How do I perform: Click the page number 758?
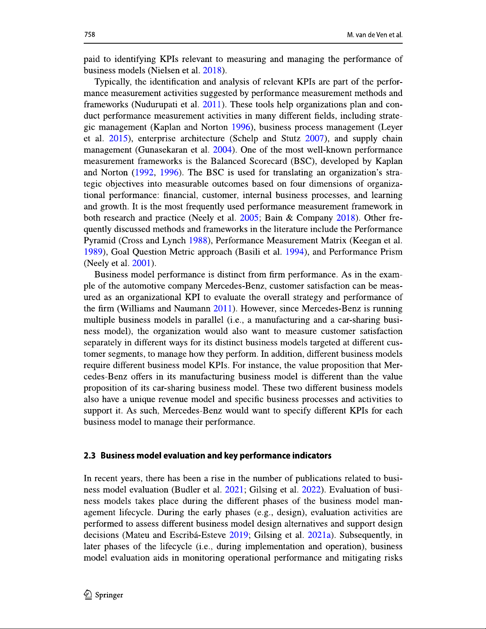[x=90, y=35]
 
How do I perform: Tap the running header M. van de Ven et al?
[x=375, y=35]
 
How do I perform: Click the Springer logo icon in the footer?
[x=88, y=594]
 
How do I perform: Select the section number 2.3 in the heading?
[x=90, y=456]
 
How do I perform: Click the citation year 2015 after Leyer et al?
[x=118, y=138]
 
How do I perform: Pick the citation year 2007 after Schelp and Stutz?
[x=314, y=138]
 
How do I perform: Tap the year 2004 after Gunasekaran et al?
[x=222, y=150]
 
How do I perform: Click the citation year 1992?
[x=144, y=173]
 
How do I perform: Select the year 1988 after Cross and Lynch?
[x=198, y=240]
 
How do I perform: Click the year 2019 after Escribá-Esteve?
[x=238, y=535]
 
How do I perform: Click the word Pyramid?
[x=100, y=240]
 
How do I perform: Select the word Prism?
[x=391, y=252]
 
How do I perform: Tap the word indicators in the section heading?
[x=311, y=456]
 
